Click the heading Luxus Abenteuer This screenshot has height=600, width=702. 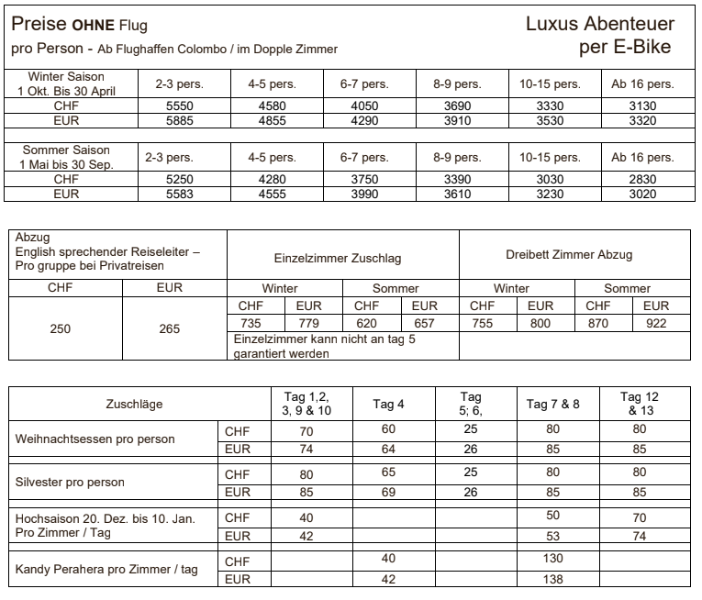pyautogui.click(x=599, y=25)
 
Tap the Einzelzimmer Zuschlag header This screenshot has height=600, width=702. pyautogui.click(x=342, y=260)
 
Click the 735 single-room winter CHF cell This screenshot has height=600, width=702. pyautogui.click(x=251, y=323)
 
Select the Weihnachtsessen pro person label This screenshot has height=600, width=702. pyautogui.click(x=95, y=439)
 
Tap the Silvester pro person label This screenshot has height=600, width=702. pyautogui.click(x=70, y=482)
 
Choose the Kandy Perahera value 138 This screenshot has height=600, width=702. pyautogui.click(x=552, y=580)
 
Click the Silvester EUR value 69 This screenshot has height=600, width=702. pyautogui.click(x=388, y=493)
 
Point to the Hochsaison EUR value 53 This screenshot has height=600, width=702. pyautogui.click(x=552, y=536)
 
